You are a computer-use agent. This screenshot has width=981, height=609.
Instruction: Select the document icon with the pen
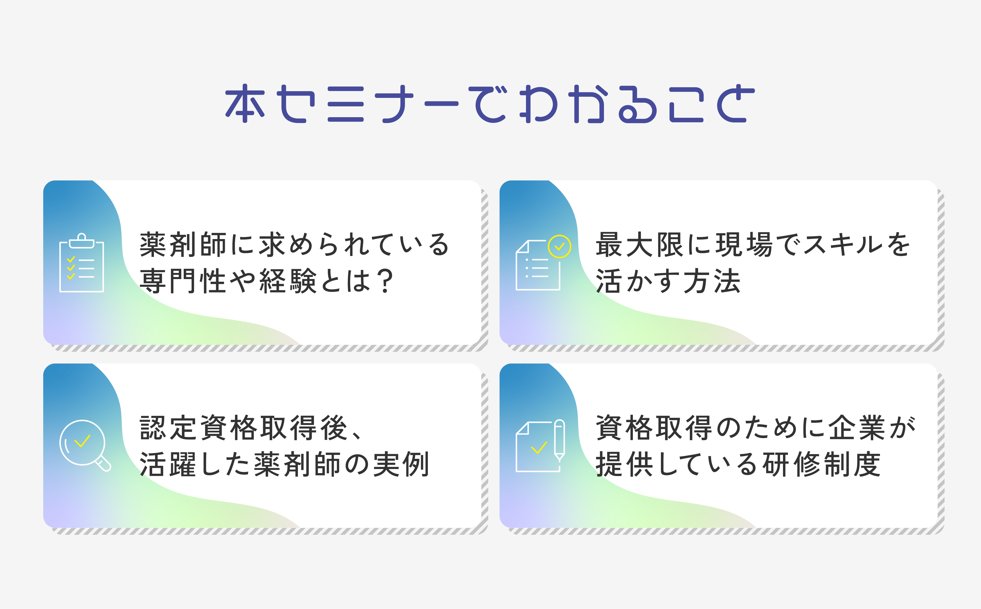click(x=540, y=445)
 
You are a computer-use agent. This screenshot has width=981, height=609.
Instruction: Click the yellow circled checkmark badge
click(x=559, y=247)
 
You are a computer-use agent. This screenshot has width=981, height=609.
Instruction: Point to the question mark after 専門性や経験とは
click(x=386, y=281)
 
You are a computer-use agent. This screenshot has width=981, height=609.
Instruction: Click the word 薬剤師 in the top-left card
click(x=183, y=245)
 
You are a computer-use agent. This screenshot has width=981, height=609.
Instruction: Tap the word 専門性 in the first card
click(x=183, y=281)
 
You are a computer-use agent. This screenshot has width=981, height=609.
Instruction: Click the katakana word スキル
click(x=841, y=245)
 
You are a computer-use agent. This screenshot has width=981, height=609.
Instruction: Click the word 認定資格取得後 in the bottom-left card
click(x=243, y=428)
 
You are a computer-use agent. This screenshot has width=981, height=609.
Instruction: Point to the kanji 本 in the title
click(x=245, y=103)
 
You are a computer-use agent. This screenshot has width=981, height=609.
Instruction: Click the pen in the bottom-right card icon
click(x=560, y=440)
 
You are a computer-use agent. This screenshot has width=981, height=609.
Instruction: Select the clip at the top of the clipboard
click(x=82, y=241)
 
